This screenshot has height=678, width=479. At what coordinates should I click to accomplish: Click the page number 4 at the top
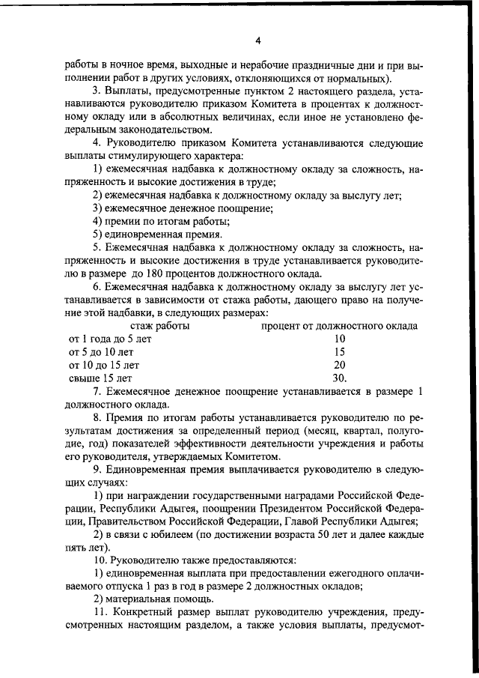tap(257, 40)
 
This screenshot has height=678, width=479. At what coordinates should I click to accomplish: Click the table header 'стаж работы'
tap(160, 326)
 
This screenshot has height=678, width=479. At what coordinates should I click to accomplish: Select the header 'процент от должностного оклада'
tap(339, 326)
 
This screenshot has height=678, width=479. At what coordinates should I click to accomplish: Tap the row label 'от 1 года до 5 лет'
tap(110, 339)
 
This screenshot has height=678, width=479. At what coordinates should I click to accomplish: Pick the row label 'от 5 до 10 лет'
tap(102, 352)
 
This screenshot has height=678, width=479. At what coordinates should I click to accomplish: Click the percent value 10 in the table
tap(339, 339)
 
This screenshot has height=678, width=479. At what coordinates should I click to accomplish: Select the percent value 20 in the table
tap(339, 365)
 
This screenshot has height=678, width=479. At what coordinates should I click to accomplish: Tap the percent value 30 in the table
tap(339, 378)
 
